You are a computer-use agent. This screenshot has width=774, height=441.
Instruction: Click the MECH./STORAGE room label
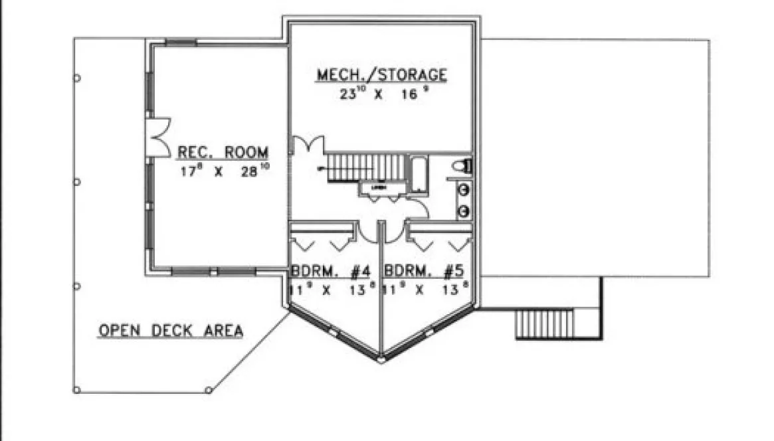tap(381, 75)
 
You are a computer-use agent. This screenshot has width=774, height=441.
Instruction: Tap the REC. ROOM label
tap(223, 152)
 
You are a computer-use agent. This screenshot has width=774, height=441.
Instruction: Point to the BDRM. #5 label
tap(423, 271)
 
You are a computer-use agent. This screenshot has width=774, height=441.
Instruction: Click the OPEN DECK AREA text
tap(171, 330)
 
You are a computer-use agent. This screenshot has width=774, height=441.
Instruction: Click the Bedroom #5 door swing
tap(395, 230)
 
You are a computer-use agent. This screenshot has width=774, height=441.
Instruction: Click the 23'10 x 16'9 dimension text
tap(381, 94)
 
